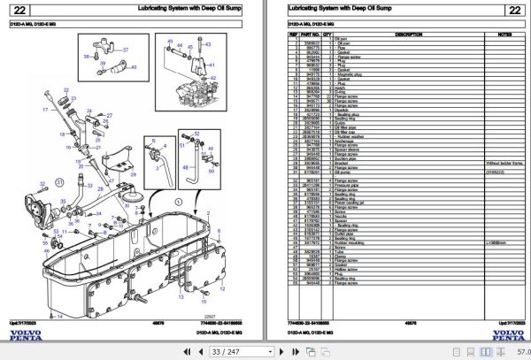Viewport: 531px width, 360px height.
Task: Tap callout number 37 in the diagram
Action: point(124,65)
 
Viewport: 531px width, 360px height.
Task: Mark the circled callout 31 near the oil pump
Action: point(59,180)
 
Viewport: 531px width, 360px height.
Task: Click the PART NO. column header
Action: point(313,34)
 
